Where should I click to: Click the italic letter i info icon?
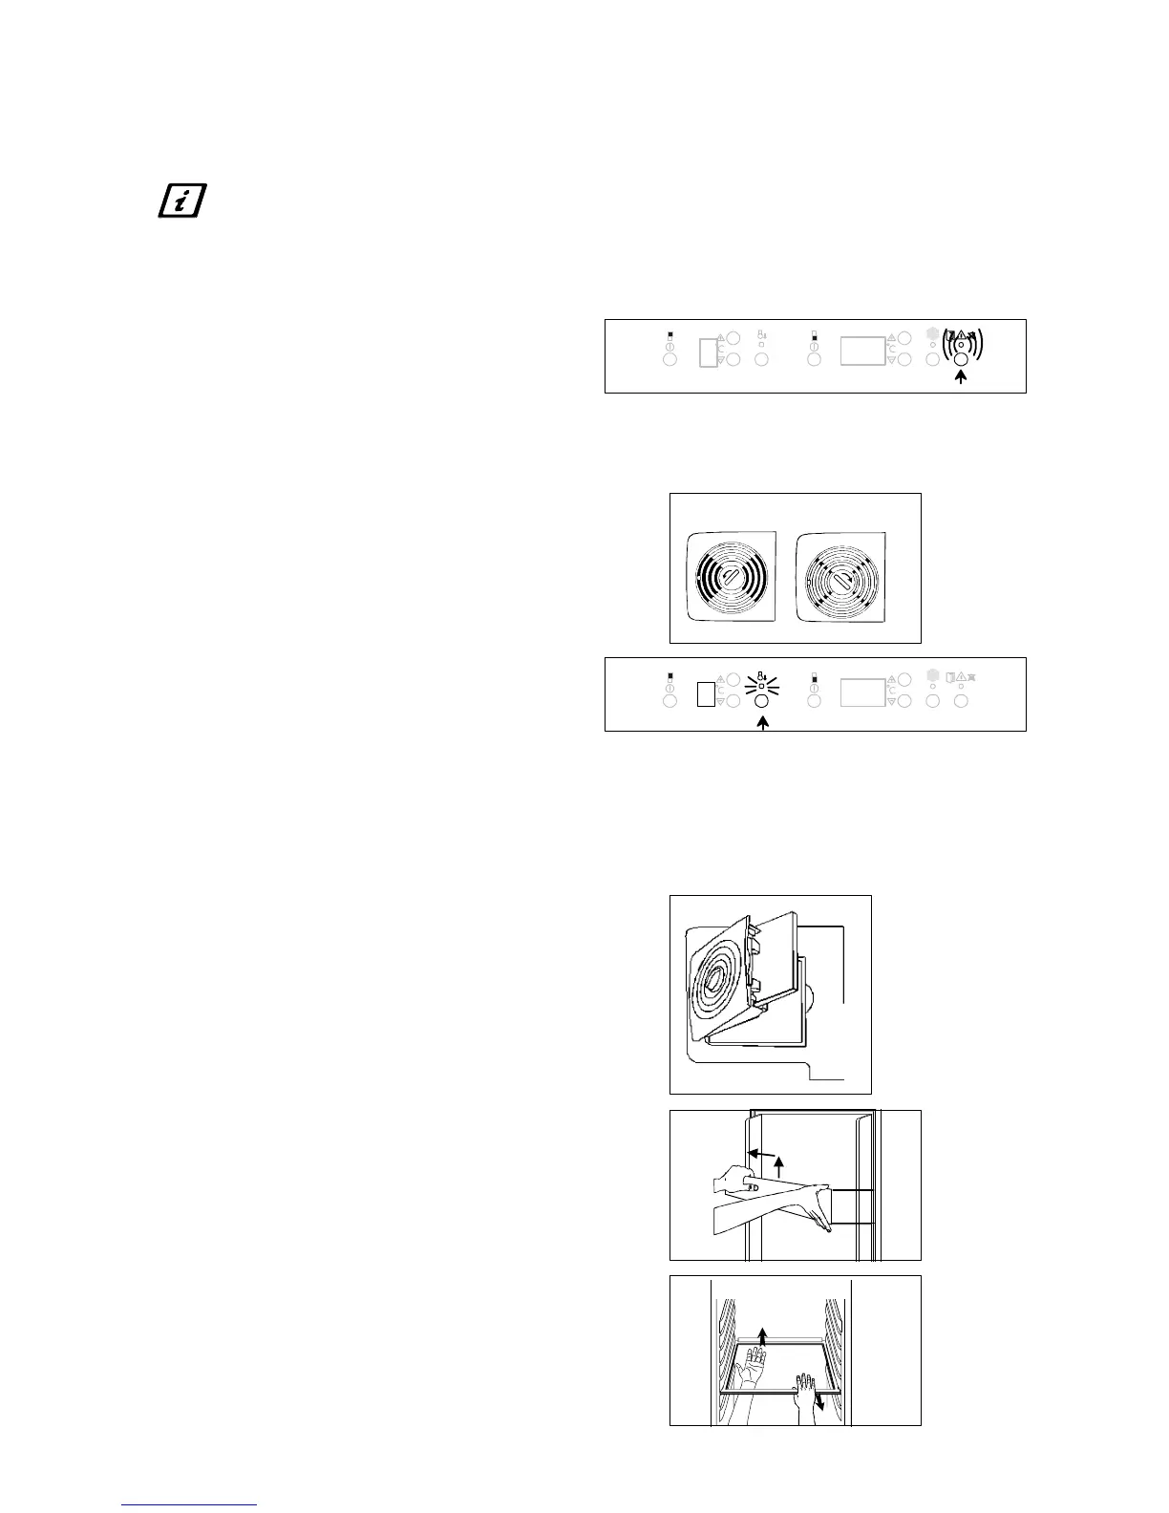(x=181, y=201)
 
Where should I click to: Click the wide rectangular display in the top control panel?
(x=862, y=351)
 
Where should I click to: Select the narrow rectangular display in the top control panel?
(x=708, y=351)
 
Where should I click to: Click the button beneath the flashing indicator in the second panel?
(x=762, y=701)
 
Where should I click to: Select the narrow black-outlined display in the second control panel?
(x=705, y=693)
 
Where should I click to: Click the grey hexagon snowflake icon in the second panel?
(x=933, y=675)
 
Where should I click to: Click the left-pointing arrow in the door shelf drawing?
(x=759, y=1154)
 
